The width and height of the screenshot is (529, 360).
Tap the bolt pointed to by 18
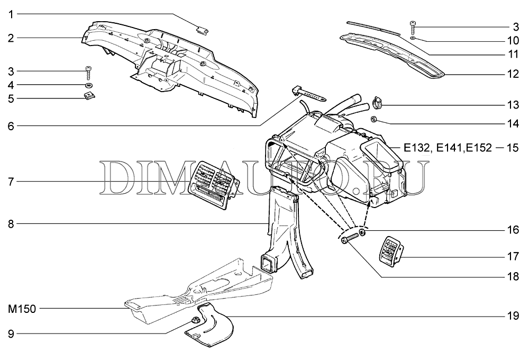[x=347, y=241]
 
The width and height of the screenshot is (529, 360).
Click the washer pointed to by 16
[x=362, y=232]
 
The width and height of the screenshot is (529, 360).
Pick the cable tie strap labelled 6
[x=308, y=95]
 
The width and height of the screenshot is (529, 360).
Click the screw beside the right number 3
[x=413, y=24]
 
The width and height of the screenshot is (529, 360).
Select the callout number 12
[x=512, y=74]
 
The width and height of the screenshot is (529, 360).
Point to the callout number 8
[x=11, y=224]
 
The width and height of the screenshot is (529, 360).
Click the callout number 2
[x=11, y=38]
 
